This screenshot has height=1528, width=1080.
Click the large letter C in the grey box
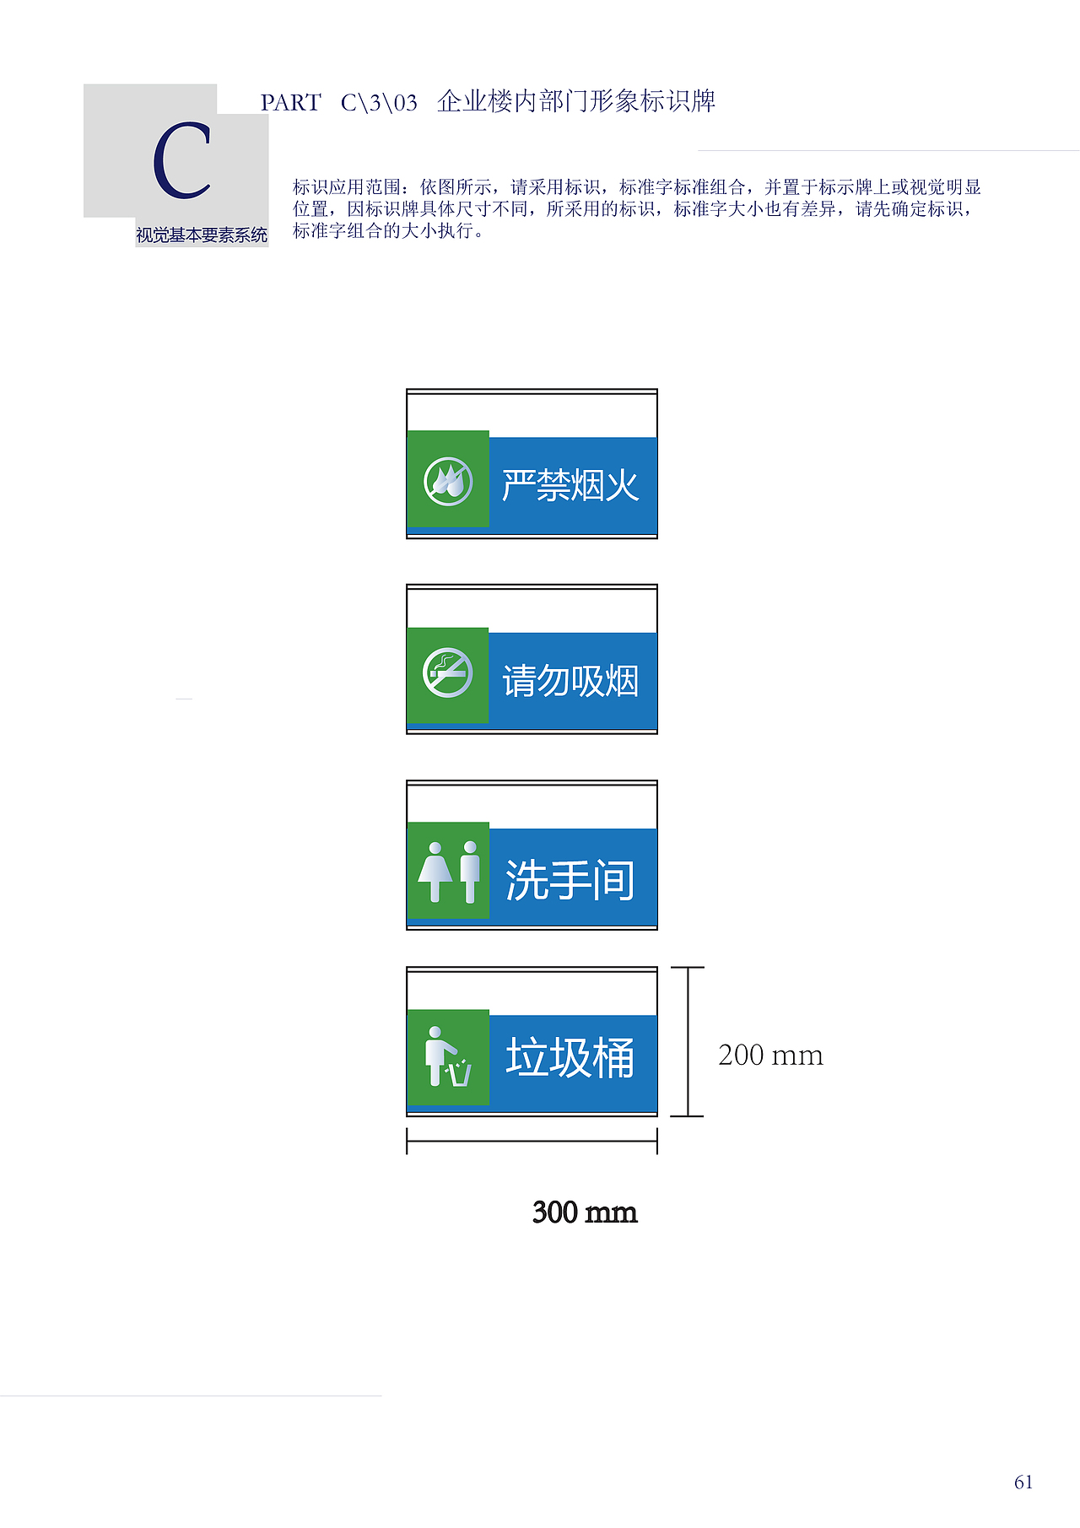(182, 160)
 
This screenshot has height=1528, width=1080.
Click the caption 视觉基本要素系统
(202, 235)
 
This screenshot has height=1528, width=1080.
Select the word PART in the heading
(290, 103)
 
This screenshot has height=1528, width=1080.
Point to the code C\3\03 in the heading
(379, 103)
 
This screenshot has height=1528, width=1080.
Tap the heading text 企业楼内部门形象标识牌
(576, 101)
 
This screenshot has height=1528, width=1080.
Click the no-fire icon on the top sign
(448, 482)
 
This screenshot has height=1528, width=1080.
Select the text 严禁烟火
(570, 485)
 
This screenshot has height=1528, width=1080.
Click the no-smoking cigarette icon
(447, 672)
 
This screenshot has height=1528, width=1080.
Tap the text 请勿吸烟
(570, 681)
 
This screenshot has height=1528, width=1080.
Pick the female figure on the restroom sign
(435, 872)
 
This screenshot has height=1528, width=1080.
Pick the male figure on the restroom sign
(470, 872)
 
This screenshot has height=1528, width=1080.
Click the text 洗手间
(570, 880)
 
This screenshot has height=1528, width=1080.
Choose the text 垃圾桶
(570, 1057)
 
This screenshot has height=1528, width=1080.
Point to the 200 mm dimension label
(770, 1055)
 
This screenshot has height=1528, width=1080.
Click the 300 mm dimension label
(585, 1212)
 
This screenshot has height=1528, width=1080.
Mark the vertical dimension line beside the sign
(688, 1042)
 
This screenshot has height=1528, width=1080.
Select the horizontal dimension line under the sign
(532, 1142)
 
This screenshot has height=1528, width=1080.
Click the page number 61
(1023, 1482)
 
